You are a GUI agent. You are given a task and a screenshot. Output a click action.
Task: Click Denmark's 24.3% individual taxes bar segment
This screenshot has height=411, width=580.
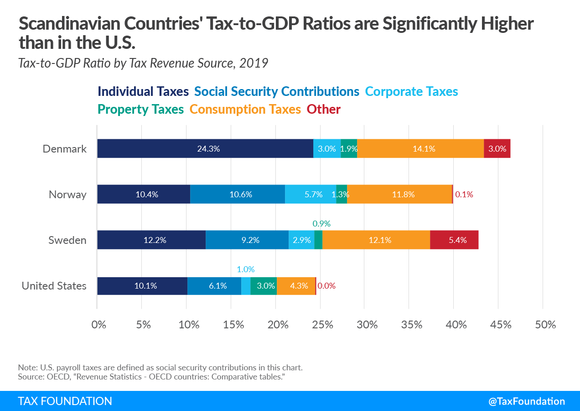coord(205,148)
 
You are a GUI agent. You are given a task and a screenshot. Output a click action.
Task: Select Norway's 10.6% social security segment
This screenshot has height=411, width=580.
coord(238,194)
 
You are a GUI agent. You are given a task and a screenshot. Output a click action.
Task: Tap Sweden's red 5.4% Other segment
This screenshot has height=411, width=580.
coord(454,240)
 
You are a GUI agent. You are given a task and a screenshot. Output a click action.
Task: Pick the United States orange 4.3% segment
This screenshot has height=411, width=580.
coord(296,286)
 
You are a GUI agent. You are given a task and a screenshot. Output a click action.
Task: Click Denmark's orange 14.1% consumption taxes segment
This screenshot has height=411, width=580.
coord(420,148)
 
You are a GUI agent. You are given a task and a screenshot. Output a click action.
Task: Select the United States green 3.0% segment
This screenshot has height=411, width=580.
coord(264,286)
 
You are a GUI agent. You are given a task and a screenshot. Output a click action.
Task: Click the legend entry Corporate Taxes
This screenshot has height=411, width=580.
coord(412,91)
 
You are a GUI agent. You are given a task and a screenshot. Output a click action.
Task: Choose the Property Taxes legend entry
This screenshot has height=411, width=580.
coord(141,110)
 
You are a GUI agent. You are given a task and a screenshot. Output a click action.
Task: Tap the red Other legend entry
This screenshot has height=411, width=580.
coord(324,110)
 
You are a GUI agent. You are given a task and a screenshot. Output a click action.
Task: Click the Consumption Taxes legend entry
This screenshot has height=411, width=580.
coord(245,110)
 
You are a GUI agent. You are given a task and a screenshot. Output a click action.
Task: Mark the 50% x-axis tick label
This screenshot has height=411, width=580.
coord(545,325)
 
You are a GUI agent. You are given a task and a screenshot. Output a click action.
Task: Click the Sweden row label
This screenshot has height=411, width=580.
coord(67,240)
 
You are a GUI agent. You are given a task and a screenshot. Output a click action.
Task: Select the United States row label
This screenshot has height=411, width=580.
coord(54,286)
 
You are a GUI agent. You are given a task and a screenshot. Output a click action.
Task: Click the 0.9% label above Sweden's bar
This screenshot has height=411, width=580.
coord(321,224)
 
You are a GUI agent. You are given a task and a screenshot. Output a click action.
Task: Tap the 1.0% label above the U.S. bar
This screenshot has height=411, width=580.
coord(246,269)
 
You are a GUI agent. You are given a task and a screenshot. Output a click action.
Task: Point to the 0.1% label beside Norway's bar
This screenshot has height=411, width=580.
coord(464,194)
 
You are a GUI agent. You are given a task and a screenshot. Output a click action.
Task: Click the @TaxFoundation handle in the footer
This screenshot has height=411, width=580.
coord(527,401)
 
